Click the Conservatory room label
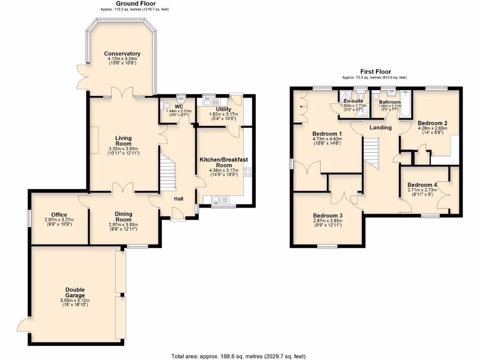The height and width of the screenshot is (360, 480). (122, 54)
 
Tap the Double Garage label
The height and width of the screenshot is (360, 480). (75, 292)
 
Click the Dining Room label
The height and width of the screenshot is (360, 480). (124, 217)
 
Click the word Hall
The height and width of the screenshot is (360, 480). (179, 199)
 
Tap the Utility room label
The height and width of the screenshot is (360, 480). (223, 109)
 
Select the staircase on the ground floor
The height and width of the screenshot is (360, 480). (168, 173)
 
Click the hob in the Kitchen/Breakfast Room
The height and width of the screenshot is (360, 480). (247, 172)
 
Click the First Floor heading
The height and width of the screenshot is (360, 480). (375, 72)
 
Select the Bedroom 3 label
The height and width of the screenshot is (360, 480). (328, 216)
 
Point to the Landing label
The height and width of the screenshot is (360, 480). (380, 127)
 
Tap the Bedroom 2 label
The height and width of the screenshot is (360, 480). (432, 123)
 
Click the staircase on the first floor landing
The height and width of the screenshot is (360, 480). (372, 152)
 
